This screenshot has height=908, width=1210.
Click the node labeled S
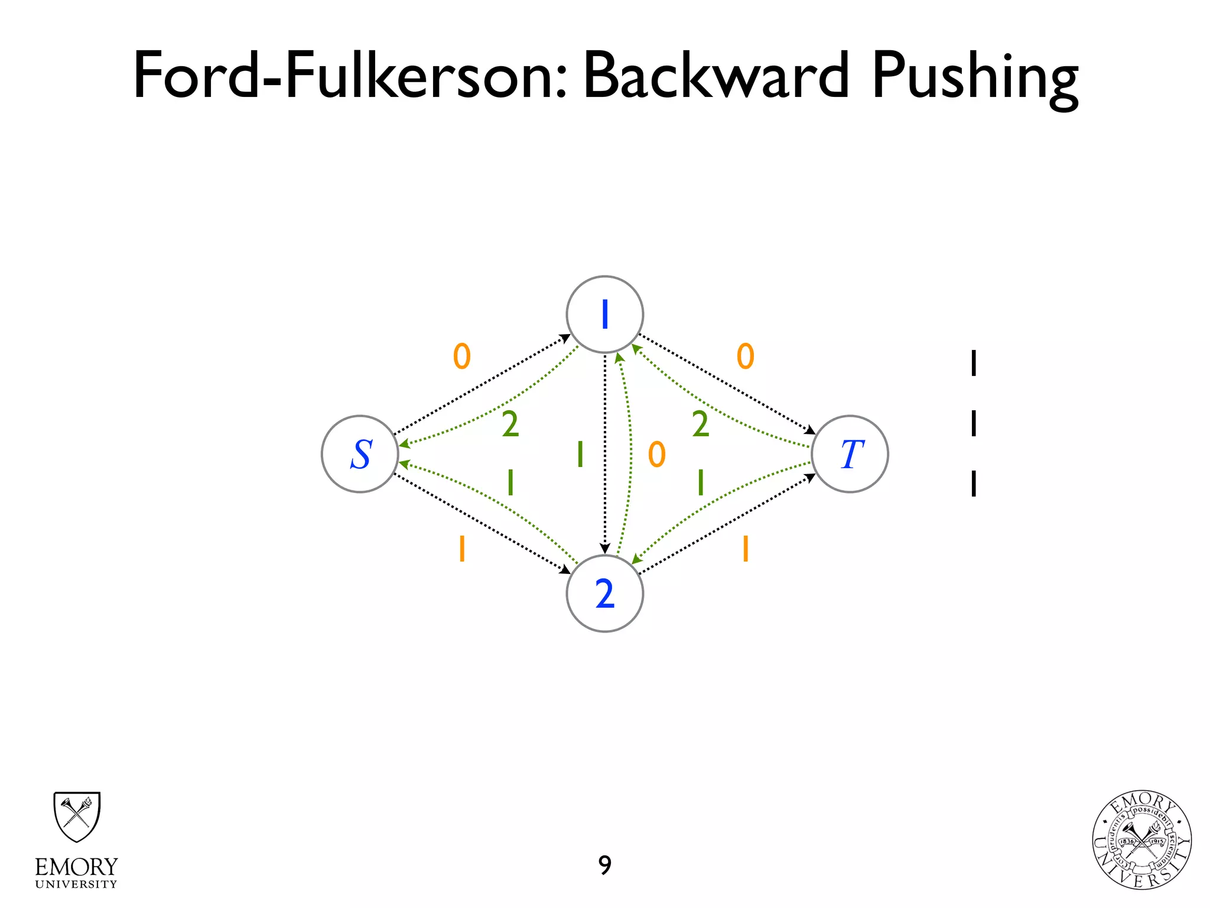coord(360,454)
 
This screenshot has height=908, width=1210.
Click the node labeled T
coord(850,454)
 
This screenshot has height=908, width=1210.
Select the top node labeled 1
coord(604,314)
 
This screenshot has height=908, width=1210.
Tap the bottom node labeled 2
coord(604,594)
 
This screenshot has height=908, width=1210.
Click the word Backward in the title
coord(716,76)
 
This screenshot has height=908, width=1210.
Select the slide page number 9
coord(604,865)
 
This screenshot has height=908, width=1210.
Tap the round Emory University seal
coord(1141,840)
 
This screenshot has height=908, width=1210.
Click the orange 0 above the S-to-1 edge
coord(462,356)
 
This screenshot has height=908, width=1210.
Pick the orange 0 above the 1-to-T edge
coord(746,356)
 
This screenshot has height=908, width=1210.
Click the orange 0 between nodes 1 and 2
coord(657,455)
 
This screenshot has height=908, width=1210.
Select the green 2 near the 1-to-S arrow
coord(510,424)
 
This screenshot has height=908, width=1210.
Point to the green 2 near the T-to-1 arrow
coord(700,424)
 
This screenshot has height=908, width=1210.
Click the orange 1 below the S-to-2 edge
coord(462,549)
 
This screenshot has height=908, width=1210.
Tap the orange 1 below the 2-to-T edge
coord(746,549)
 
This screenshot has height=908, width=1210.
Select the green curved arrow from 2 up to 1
coord(630,455)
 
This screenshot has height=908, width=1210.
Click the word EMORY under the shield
coord(77,867)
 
